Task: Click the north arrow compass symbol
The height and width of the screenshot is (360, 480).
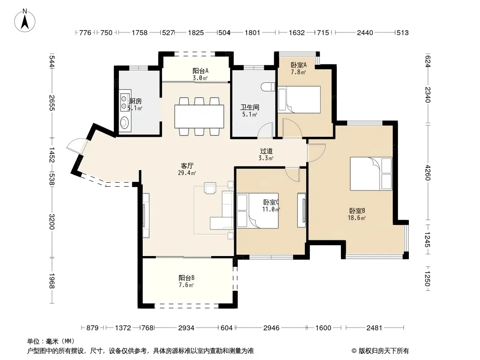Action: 25,21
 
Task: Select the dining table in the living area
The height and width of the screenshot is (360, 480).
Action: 199,116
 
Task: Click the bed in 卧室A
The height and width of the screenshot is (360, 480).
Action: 299,100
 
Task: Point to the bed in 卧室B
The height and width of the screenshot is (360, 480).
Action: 371,174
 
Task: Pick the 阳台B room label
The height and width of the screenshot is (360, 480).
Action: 186,278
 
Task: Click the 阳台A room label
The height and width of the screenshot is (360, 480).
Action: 200,71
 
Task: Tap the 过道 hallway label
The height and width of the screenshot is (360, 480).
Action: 266,151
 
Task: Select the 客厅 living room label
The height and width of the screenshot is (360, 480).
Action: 187,166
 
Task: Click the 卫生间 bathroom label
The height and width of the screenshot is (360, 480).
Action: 249,108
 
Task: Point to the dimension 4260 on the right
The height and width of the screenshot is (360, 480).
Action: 428,173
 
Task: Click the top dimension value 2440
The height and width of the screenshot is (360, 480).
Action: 365,33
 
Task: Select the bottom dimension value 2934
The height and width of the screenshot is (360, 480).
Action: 186,328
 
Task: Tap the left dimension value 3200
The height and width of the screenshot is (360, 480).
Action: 52,222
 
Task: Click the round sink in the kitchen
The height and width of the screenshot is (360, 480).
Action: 124,123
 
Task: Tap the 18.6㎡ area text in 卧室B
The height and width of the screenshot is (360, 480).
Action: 357,218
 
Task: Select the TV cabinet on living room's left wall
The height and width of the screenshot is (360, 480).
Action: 146,216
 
